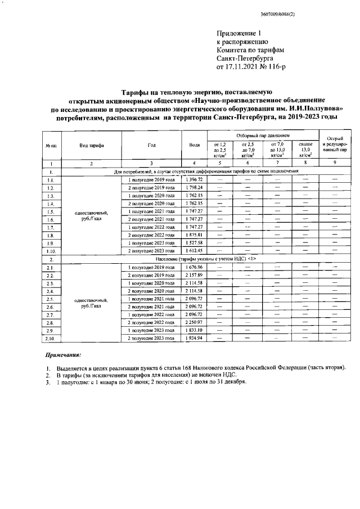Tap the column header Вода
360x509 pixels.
point(194,145)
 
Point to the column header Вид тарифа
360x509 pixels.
point(91,145)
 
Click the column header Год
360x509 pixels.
point(151,145)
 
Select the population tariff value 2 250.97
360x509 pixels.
point(194,322)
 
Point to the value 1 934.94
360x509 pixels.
point(194,339)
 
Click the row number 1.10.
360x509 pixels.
point(51,250)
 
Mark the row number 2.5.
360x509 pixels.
point(51,299)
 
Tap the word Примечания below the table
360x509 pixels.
point(62,355)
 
